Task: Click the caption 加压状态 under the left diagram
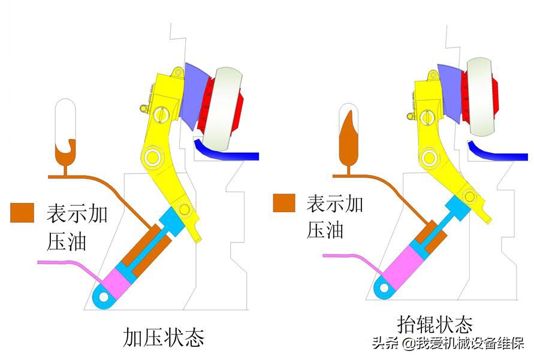(x=163, y=337)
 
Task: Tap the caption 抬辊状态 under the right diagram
(x=435, y=324)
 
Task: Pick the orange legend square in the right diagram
(x=284, y=202)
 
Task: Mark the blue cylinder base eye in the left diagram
(x=104, y=296)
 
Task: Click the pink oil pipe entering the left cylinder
(x=66, y=262)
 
